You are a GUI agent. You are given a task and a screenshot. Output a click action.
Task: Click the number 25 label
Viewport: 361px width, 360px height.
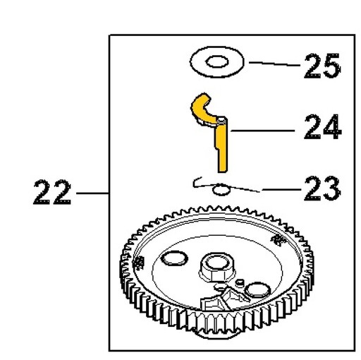(x=322, y=66)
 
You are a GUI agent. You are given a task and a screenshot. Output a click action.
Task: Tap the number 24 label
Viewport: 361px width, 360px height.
(x=322, y=127)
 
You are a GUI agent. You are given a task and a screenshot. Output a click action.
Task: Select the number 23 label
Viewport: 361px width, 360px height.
(x=322, y=189)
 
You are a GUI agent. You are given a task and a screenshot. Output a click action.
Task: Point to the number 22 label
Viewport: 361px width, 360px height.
(x=52, y=192)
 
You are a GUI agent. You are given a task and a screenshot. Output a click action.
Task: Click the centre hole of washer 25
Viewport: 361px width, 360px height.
(x=216, y=62)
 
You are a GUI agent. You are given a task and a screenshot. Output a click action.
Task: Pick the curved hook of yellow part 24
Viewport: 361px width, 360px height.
(x=202, y=109)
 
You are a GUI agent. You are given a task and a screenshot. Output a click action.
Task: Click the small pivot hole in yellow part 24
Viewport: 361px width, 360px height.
(x=221, y=121)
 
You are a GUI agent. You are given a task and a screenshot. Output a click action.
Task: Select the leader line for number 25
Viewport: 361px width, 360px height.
(x=274, y=64)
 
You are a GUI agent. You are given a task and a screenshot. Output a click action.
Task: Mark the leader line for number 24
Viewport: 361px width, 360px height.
(x=262, y=131)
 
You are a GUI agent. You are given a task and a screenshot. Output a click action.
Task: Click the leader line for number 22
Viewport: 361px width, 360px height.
(x=92, y=193)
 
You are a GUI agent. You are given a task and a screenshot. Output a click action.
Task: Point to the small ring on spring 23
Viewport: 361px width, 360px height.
(x=221, y=190)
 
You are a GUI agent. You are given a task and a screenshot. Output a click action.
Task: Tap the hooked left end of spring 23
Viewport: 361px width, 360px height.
(x=197, y=181)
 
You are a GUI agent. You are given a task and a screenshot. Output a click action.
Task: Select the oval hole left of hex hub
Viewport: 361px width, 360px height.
(x=174, y=258)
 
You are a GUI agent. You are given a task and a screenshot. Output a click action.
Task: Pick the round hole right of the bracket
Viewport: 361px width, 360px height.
(x=257, y=290)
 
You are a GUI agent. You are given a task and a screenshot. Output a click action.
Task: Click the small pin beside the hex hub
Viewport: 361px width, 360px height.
(x=240, y=282)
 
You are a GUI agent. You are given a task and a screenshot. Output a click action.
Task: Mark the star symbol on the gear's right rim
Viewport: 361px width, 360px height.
(x=278, y=240)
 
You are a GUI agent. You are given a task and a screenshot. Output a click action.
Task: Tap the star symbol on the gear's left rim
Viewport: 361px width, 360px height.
(x=137, y=263)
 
